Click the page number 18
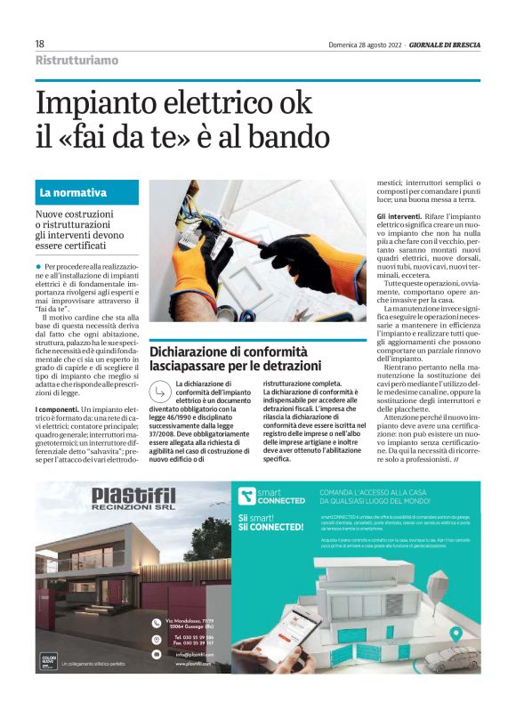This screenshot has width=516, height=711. coord(40,44)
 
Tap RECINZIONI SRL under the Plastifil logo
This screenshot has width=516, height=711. coord(133,511)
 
